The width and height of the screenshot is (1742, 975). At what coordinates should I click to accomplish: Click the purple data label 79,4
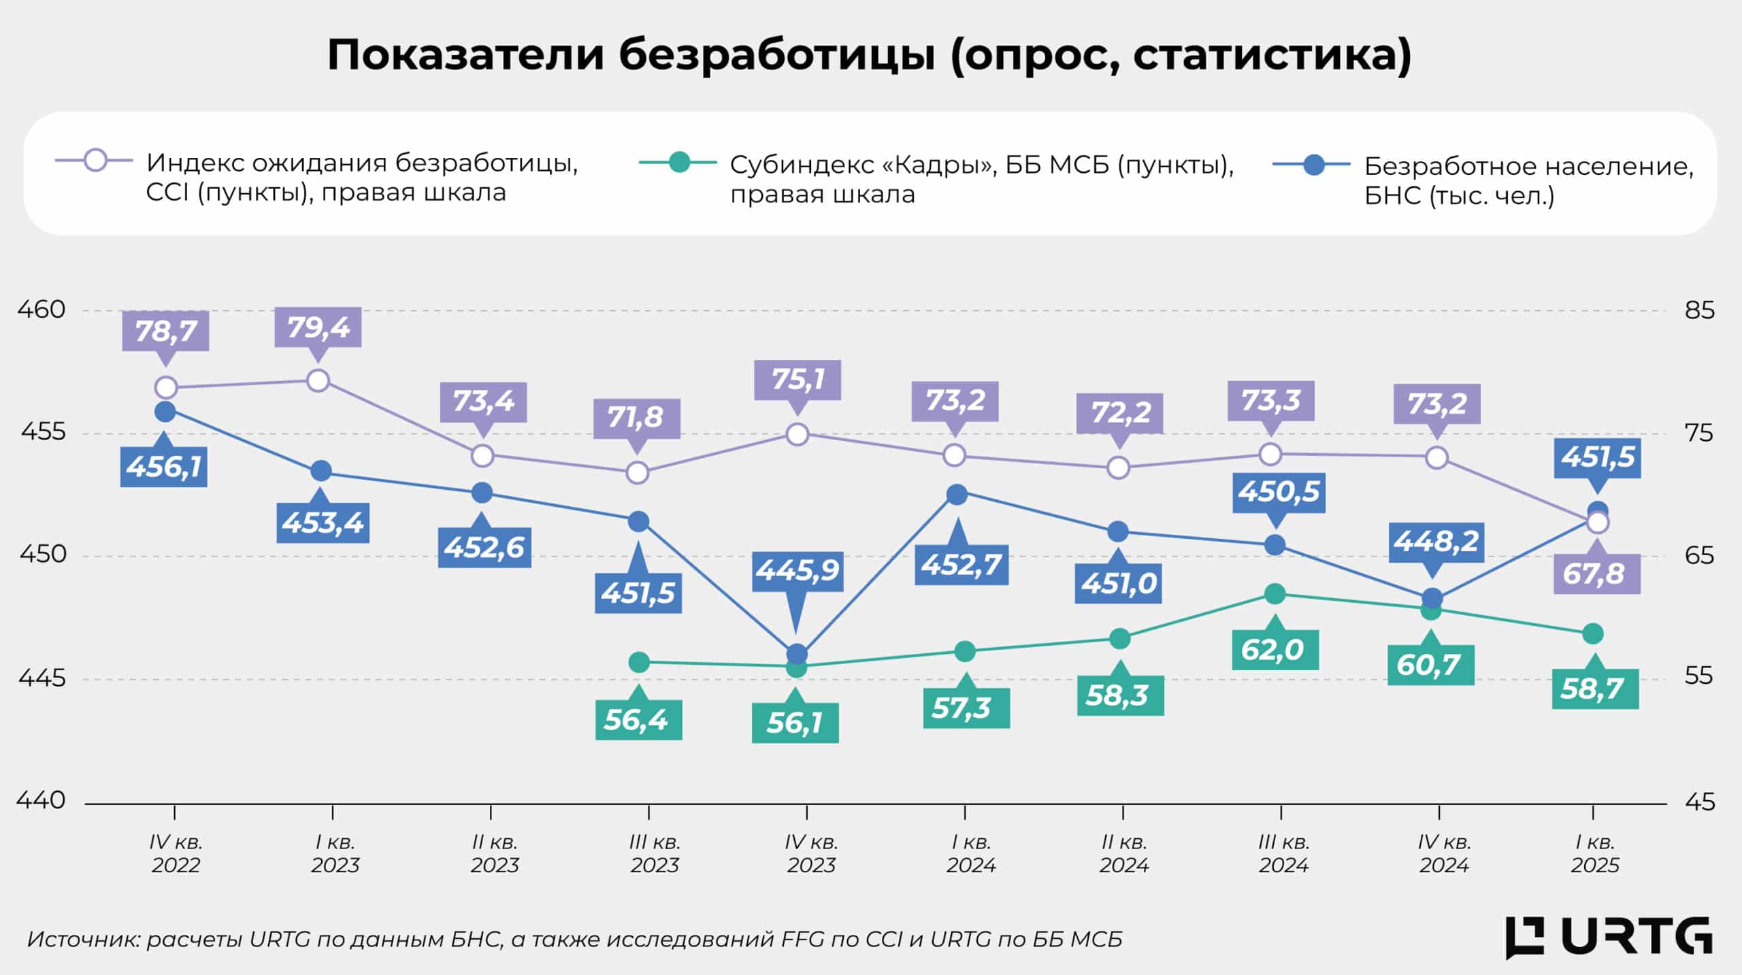click(318, 327)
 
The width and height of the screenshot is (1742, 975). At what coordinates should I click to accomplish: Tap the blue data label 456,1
click(163, 467)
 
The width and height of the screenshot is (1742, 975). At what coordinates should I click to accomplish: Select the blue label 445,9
click(798, 570)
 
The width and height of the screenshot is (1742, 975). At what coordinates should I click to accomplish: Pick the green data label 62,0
click(1275, 649)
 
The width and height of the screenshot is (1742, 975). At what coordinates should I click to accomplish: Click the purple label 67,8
click(1596, 574)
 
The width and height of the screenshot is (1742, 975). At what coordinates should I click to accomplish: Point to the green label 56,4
click(638, 719)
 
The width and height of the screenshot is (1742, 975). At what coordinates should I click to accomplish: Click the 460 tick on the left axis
click(42, 310)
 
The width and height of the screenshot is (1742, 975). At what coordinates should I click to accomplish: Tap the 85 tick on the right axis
click(1699, 310)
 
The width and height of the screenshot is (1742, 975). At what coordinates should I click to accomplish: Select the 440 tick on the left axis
click(42, 800)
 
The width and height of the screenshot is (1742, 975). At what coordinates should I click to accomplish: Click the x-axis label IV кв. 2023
click(810, 853)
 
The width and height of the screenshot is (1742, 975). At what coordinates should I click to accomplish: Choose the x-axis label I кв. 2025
click(1594, 853)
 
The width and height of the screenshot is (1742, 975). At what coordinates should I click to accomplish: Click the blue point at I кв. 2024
click(957, 495)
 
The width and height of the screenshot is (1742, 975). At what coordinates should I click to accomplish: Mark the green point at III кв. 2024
click(1275, 594)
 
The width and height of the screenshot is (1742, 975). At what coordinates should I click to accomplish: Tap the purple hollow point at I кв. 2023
click(318, 380)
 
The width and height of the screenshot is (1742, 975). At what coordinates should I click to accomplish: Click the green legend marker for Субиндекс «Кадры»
click(678, 163)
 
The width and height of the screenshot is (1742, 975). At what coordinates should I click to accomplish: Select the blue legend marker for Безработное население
click(1313, 165)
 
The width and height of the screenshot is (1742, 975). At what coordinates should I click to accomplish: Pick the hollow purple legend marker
click(96, 161)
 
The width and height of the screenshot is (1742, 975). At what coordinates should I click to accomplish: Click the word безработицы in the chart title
click(776, 54)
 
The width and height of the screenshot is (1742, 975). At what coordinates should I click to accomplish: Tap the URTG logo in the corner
click(1609, 938)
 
